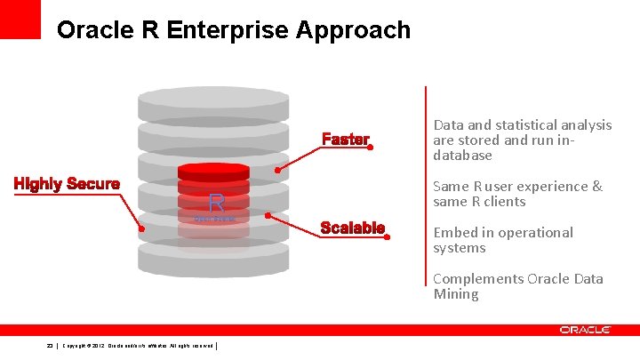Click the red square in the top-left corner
click(x=20, y=19)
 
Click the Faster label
click(x=346, y=140)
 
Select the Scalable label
click(x=353, y=228)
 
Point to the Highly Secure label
click(x=67, y=184)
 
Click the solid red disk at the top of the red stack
click(x=213, y=170)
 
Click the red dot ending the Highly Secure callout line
click(x=140, y=228)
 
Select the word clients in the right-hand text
click(x=504, y=202)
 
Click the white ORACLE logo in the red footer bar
click(x=585, y=330)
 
